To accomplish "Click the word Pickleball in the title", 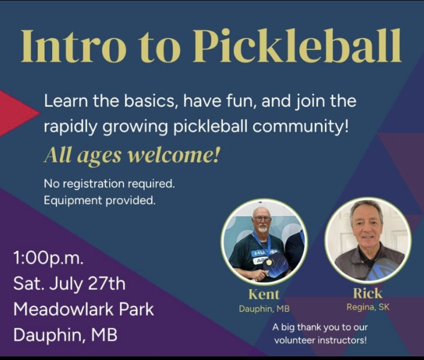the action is [x=297, y=46].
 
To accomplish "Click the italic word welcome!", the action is [x=173, y=156].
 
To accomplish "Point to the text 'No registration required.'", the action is [x=109, y=184].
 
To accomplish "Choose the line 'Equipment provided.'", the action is [x=100, y=200].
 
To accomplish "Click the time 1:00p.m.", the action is [x=49, y=259].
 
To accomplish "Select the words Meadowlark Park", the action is [x=83, y=310].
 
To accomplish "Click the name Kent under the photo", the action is [x=264, y=294].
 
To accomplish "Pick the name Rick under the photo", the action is [x=368, y=293].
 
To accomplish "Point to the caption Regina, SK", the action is [x=368, y=307].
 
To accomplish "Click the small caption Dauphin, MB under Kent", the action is [x=264, y=308].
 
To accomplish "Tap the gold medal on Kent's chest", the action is [x=269, y=262].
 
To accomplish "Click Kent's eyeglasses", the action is [x=261, y=219].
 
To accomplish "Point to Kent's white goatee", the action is [x=262, y=229].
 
